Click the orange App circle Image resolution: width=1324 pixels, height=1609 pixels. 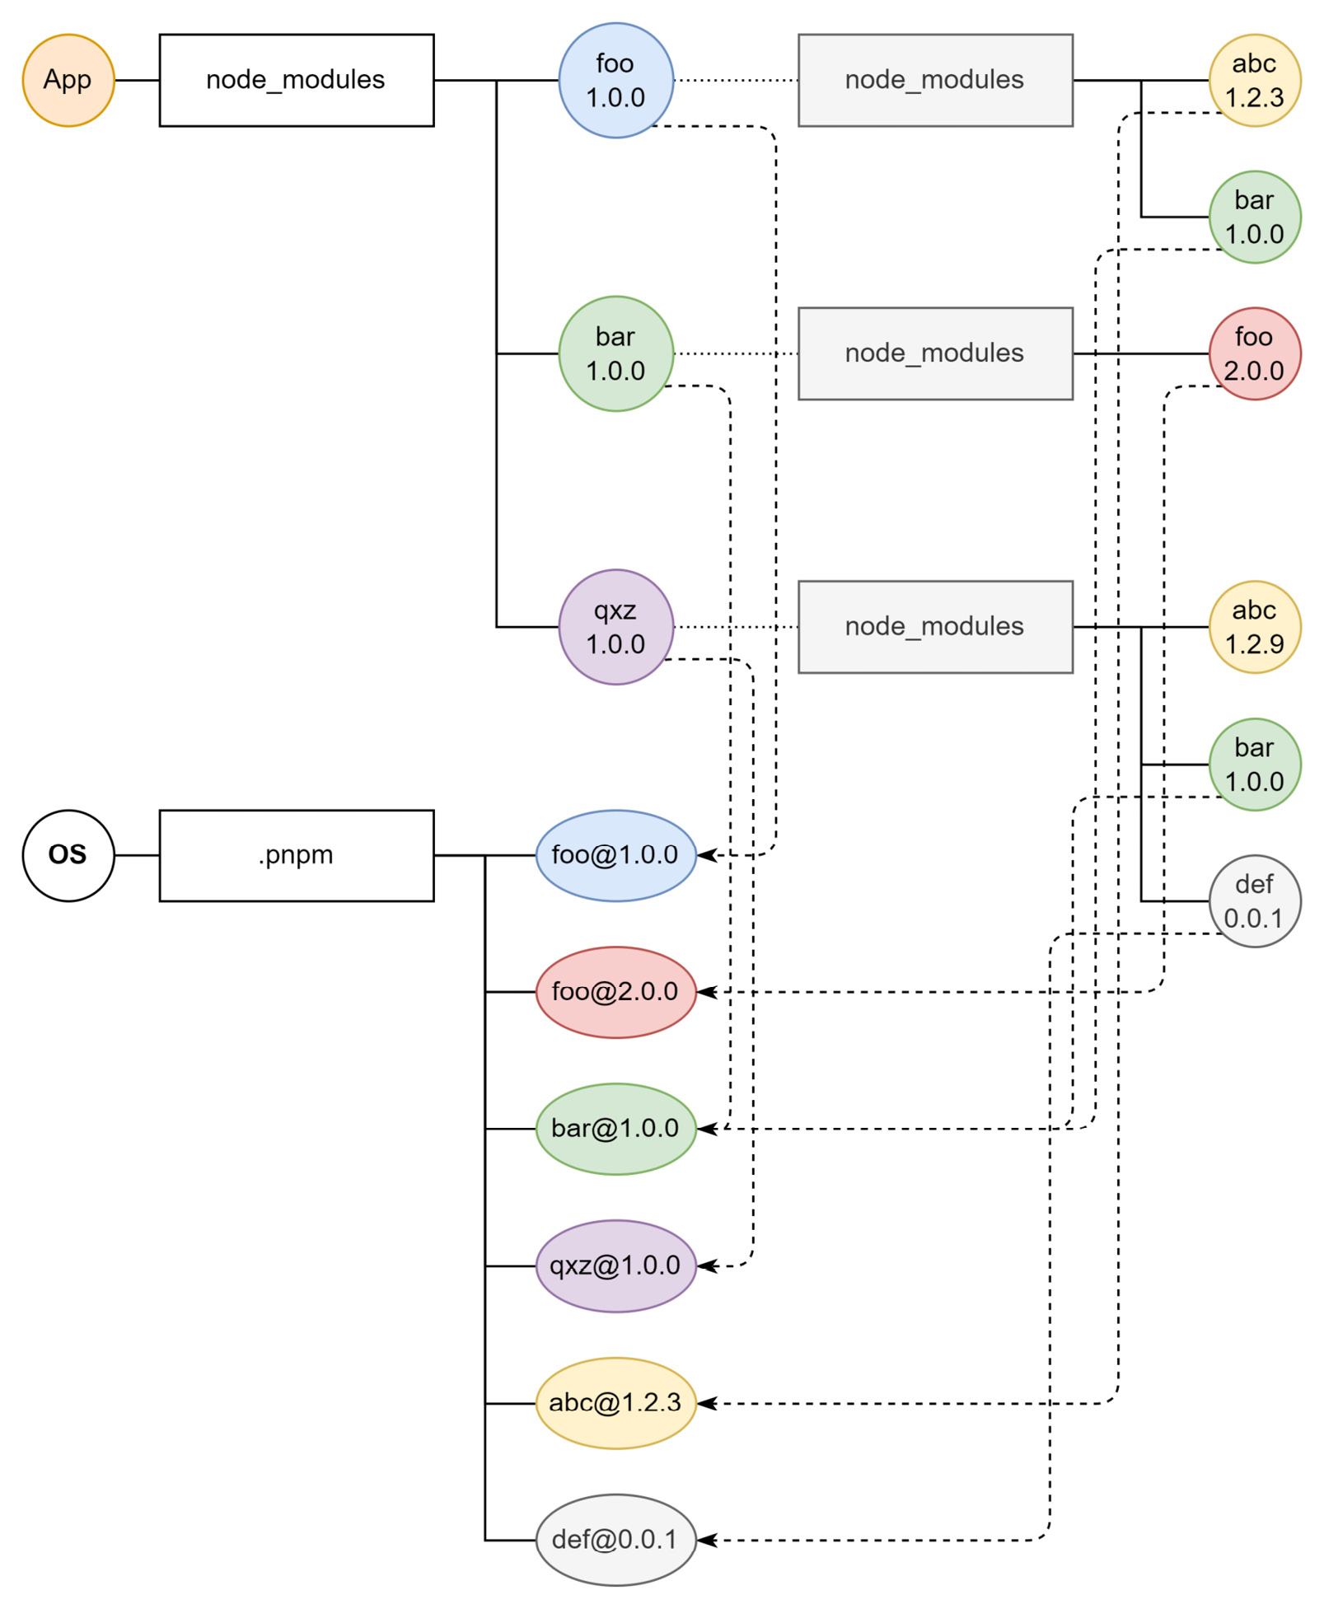coord(68,80)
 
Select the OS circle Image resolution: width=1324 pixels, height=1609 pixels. coord(68,854)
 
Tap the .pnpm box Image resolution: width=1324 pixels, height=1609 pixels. coord(296,854)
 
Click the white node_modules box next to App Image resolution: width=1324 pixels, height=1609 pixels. coord(296,80)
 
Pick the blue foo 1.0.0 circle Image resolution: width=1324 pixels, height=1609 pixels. coord(615,80)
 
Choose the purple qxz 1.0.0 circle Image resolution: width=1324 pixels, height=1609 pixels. coord(615,626)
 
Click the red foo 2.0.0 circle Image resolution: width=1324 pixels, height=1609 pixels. coord(1253,353)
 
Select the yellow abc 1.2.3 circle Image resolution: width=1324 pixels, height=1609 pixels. coord(1253,80)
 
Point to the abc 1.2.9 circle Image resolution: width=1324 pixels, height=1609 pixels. coord(1253,626)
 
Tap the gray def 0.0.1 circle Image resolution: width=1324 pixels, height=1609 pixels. coord(1253,900)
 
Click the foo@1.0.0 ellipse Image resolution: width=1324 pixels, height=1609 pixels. coord(615,854)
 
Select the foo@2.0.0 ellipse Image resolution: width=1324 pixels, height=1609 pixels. coord(615,991)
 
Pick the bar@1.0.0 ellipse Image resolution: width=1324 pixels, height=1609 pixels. coord(615,1128)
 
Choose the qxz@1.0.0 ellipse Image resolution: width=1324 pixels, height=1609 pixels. coord(615,1265)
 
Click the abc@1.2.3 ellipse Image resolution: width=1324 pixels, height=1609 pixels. coord(615,1402)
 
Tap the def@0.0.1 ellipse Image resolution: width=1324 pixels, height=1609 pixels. coord(615,1539)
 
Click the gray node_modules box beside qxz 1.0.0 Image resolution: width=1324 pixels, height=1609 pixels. coord(934,626)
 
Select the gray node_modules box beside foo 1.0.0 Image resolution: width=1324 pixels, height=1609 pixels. coord(934,80)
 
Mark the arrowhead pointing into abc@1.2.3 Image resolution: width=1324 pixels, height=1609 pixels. coord(706,1402)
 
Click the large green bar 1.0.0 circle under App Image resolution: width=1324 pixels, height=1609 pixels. coord(615,353)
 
